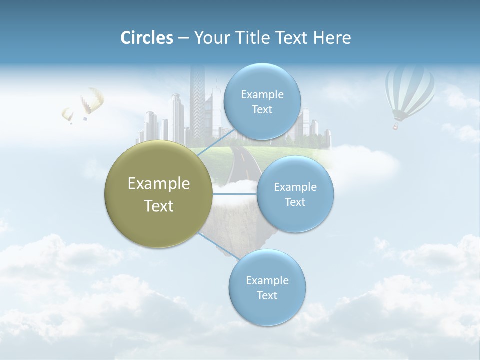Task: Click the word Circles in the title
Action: click(147, 38)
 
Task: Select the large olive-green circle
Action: click(158, 194)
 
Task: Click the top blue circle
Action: click(261, 102)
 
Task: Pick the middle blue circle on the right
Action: click(295, 194)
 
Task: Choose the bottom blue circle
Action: click(267, 288)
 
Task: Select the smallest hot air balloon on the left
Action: click(67, 114)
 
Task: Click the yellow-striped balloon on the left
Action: click(92, 100)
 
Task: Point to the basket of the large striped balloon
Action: click(396, 127)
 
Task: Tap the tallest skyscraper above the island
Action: click(197, 100)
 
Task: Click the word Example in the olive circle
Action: click(158, 184)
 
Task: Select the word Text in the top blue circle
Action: click(261, 110)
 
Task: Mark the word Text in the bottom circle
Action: click(267, 296)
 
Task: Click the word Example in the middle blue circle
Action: click(295, 187)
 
